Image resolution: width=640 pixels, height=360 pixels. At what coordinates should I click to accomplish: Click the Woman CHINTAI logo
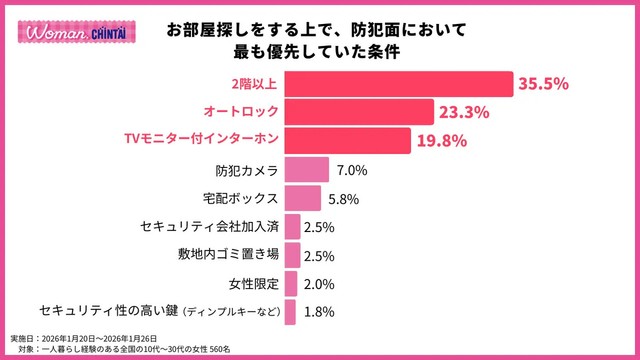click(x=63, y=31)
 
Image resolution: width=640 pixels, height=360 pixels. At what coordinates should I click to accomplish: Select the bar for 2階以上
click(x=398, y=84)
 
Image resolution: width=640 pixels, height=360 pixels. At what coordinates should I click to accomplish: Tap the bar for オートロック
click(x=358, y=112)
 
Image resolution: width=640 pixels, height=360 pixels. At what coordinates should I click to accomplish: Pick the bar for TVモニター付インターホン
click(x=346, y=140)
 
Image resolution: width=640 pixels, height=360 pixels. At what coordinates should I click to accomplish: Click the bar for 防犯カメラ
click(x=307, y=170)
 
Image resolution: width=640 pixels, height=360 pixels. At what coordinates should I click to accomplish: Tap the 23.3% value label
click(x=466, y=113)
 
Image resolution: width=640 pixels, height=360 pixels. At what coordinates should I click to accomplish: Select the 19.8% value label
click(x=442, y=141)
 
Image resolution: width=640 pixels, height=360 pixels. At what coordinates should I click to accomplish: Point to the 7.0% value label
click(x=352, y=170)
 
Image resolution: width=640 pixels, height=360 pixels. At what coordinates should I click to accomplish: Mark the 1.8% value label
click(x=318, y=312)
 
